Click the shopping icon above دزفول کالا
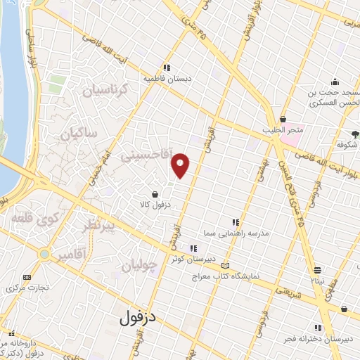(155, 193)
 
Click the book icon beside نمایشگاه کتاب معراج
(225, 266)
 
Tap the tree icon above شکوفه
(355, 134)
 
